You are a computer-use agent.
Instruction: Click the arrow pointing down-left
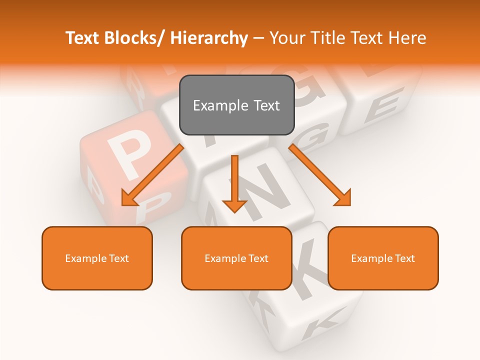[153, 174]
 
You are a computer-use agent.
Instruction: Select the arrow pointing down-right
[320, 175]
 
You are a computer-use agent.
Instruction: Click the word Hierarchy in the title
[209, 38]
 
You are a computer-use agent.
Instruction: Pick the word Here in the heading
[407, 38]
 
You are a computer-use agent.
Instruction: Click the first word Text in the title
[83, 38]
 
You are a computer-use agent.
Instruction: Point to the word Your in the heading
[286, 38]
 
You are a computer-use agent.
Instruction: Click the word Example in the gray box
[218, 105]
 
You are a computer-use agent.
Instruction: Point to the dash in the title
[258, 38]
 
